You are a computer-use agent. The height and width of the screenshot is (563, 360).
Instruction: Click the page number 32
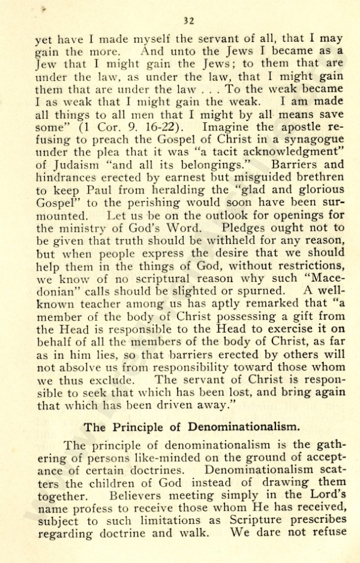pos(189,22)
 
